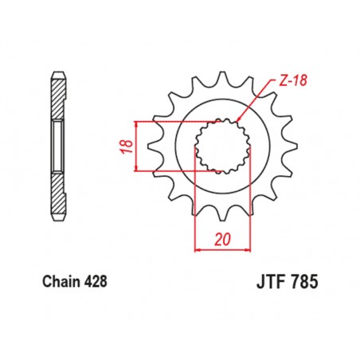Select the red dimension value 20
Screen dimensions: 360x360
[222, 238]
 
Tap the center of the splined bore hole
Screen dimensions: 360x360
[223, 145]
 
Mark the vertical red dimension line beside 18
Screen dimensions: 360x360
[138, 146]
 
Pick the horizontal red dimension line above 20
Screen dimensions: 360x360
[222, 248]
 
